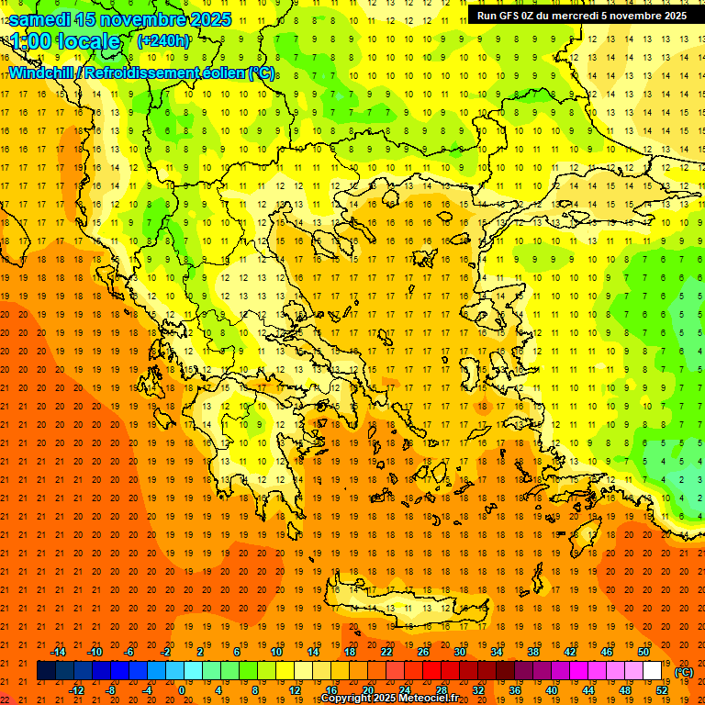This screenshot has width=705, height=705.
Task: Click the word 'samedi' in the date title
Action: point(41,19)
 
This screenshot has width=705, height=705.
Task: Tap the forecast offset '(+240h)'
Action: point(163,41)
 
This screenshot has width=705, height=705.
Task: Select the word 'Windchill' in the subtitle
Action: point(42,73)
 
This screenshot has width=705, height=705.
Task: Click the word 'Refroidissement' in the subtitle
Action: point(140,73)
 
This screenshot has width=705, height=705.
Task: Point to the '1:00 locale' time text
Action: point(65,41)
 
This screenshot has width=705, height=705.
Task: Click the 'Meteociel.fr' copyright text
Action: point(423,699)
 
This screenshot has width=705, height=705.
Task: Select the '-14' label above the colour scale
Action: point(58,652)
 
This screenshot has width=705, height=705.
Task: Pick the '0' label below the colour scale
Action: point(182,690)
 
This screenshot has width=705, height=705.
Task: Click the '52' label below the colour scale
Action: point(663,690)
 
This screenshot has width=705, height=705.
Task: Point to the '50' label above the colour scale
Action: point(643,652)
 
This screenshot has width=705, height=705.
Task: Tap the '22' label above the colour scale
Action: point(386,652)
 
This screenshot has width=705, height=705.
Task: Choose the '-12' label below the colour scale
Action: point(77,690)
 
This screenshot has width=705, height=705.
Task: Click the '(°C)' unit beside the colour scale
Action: point(684,672)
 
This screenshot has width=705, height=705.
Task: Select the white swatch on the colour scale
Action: point(653,671)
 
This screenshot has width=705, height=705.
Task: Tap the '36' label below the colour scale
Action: point(515,690)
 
